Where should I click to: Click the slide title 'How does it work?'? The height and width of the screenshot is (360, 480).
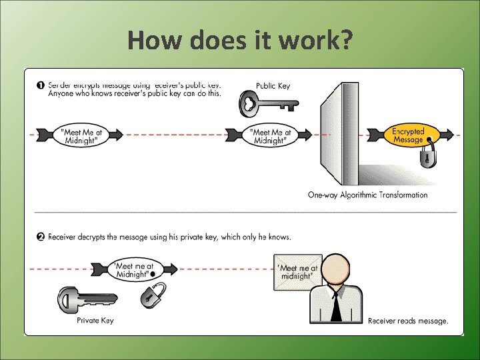[240, 41]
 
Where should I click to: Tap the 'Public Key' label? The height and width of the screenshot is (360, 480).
[273, 86]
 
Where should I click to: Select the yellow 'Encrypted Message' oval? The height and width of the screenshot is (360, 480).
[408, 135]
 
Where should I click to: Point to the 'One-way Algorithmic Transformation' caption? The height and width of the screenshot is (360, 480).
[367, 195]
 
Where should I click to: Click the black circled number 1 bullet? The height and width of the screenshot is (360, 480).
[41, 85]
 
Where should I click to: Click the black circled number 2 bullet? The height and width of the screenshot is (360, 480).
[41, 237]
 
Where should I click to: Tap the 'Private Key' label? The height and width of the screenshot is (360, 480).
[95, 321]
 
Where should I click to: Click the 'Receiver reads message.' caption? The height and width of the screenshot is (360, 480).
[408, 321]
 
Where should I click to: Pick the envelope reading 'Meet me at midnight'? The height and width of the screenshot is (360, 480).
[297, 272]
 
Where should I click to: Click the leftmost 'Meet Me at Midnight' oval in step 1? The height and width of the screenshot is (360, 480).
[81, 135]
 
